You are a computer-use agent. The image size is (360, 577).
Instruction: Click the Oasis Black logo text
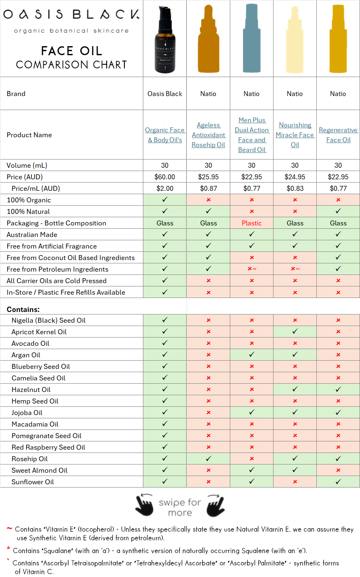click(x=71, y=14)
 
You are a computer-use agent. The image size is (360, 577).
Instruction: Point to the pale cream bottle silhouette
click(x=295, y=40)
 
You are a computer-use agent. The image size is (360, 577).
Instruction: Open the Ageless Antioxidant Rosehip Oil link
click(x=208, y=135)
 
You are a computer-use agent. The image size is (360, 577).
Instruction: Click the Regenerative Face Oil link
click(x=338, y=135)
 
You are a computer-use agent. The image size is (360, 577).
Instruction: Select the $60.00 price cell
click(x=165, y=177)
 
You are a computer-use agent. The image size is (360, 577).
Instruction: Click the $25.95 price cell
click(x=208, y=177)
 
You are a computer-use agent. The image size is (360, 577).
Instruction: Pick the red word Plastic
click(x=252, y=223)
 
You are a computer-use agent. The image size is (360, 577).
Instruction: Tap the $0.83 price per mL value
click(x=295, y=188)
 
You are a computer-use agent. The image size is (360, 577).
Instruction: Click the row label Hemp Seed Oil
click(x=35, y=401)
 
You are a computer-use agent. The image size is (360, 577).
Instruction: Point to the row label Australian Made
click(x=32, y=235)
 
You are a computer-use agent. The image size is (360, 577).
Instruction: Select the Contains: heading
click(x=23, y=310)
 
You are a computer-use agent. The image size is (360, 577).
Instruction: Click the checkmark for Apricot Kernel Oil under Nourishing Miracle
click(x=295, y=331)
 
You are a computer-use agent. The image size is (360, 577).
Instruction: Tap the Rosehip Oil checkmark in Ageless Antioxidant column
click(x=208, y=458)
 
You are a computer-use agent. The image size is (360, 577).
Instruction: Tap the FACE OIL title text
click(x=71, y=51)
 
